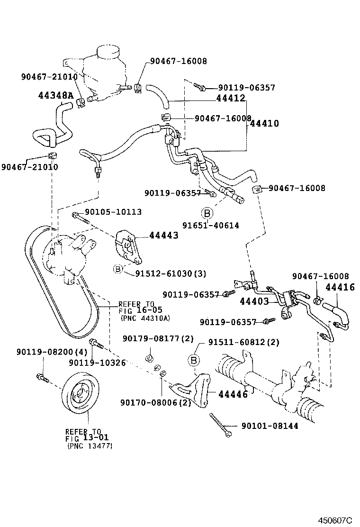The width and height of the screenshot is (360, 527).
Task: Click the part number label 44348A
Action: (56, 95)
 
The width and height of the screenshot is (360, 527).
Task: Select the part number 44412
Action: (230, 99)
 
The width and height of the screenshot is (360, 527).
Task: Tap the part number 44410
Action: (264, 123)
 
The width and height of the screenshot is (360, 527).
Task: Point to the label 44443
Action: (164, 235)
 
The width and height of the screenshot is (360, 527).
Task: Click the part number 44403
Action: (254, 301)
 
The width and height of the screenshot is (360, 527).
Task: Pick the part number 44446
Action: (233, 394)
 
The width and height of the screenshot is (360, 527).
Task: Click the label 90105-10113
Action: (113, 212)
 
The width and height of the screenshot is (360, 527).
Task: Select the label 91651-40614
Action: (211, 226)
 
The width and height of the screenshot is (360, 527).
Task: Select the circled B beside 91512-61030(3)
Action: (118, 269)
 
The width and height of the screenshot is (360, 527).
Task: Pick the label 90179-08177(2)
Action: (152, 338)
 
